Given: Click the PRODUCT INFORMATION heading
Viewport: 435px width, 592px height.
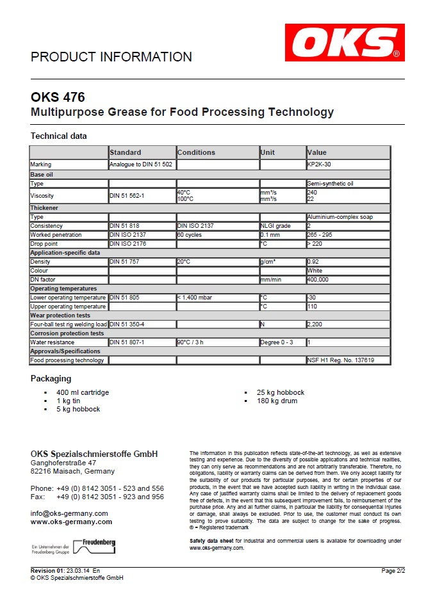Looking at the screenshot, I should (x=111, y=57).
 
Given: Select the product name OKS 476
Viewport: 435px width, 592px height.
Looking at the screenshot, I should (x=58, y=98).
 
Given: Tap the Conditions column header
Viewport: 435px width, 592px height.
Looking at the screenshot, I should (x=197, y=152).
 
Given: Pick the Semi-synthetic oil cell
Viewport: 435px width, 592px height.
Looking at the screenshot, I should (x=330, y=184).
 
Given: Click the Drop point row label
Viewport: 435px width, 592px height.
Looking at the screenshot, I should (x=44, y=244).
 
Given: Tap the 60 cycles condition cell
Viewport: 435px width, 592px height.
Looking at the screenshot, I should (x=189, y=235).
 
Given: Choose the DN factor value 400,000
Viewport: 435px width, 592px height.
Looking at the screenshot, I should (x=318, y=280).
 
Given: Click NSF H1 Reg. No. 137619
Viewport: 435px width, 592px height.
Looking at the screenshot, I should (x=341, y=360).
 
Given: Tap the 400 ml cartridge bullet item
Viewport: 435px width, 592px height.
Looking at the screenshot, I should (x=83, y=392).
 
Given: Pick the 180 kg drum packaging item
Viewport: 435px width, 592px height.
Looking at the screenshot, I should (x=277, y=401).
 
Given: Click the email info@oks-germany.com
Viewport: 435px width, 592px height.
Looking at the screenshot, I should (x=69, y=513).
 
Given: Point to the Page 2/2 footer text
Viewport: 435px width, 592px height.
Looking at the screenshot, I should (x=393, y=570).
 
